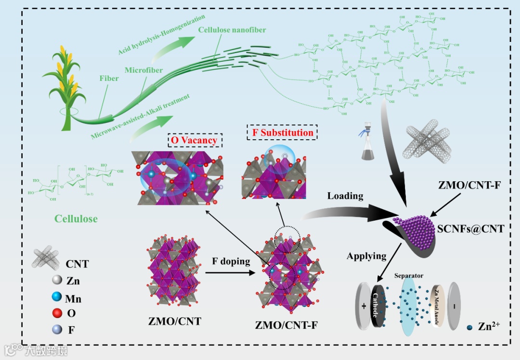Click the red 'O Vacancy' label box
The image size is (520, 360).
click(x=195, y=140)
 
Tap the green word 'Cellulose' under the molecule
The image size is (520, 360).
click(x=76, y=218)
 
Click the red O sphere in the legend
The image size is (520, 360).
click(x=57, y=313)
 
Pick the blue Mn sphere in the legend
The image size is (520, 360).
click(x=57, y=298)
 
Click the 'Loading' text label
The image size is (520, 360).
click(x=345, y=196)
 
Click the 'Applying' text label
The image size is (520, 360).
click(x=367, y=256)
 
